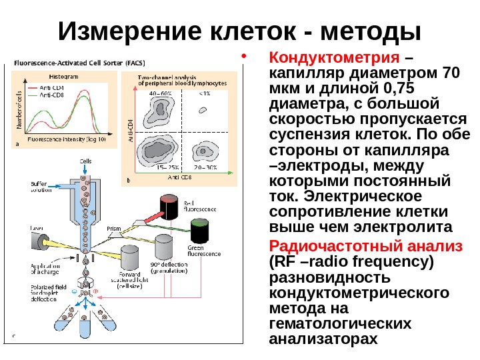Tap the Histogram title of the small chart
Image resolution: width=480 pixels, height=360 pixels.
pyautogui.click(x=64, y=77)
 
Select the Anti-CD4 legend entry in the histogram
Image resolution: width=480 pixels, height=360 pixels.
pyautogui.click(x=47, y=87)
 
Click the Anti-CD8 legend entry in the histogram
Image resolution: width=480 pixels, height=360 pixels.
pyautogui.click(x=47, y=95)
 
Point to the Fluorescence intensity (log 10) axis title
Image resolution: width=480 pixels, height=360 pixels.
pyautogui.click(x=66, y=139)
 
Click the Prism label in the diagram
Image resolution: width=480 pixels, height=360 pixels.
pyautogui.click(x=113, y=228)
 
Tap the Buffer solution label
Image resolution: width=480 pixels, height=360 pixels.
pyautogui.click(x=42, y=187)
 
